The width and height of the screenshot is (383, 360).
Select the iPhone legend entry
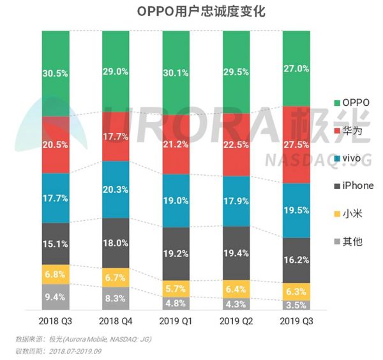pyautogui.click(x=356, y=184)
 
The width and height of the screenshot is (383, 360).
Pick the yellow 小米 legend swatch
pyautogui.click(x=336, y=213)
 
